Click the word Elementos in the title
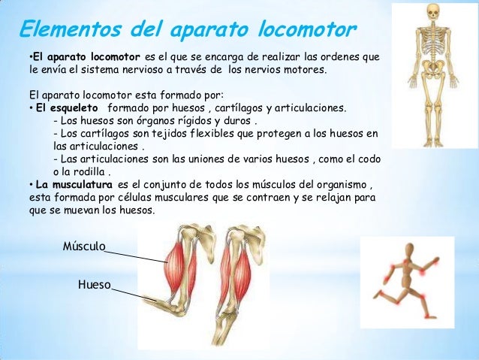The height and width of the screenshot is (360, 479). click(x=63, y=29)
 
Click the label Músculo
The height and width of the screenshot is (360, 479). click(x=83, y=246)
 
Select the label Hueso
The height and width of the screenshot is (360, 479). click(x=94, y=285)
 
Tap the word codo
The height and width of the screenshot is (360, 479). click(x=368, y=159)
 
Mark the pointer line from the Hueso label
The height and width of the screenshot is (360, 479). click(x=128, y=291)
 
